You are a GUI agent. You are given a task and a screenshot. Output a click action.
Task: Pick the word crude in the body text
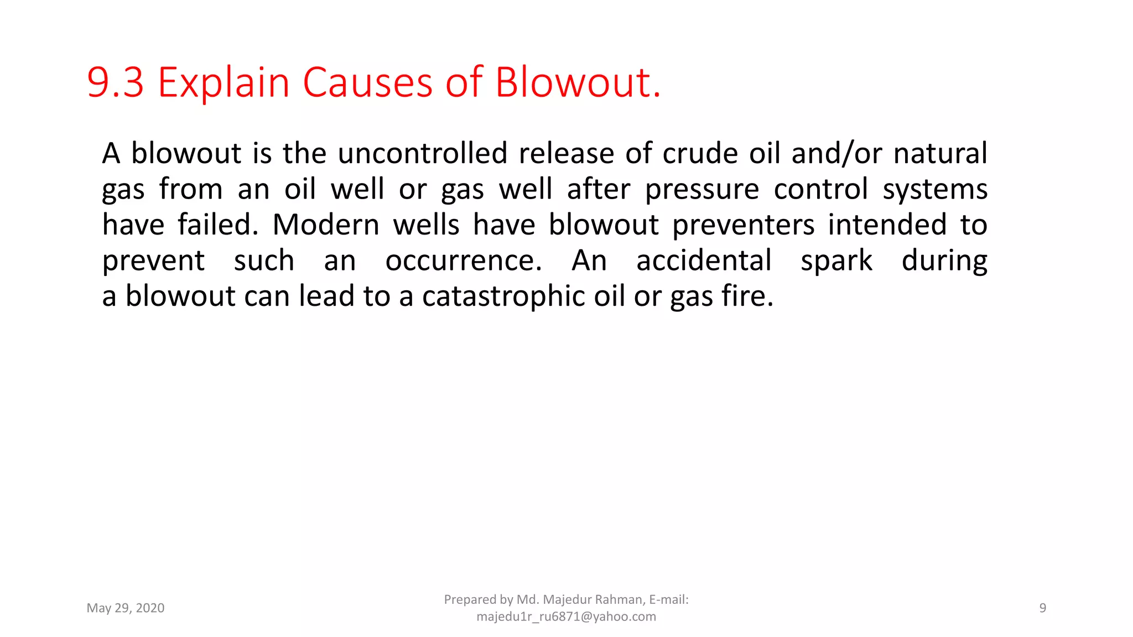pos(700,153)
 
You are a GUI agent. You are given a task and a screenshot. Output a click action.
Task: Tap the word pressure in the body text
pos(702,190)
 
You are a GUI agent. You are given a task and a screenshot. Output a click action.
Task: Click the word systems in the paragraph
pos(935,190)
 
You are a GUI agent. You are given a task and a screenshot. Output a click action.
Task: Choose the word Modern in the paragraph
pos(326,225)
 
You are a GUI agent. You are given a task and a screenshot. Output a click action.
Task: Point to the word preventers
pos(744,225)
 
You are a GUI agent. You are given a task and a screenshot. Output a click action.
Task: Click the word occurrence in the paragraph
pos(463,260)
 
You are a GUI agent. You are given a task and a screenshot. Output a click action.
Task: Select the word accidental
pos(704,260)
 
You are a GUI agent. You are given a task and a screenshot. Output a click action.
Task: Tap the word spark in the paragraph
pos(836,262)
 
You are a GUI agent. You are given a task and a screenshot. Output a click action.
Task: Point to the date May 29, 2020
pos(126,608)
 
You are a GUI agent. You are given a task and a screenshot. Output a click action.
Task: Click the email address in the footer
pos(566,617)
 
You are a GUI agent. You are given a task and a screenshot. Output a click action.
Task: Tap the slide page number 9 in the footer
pos(1042,608)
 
